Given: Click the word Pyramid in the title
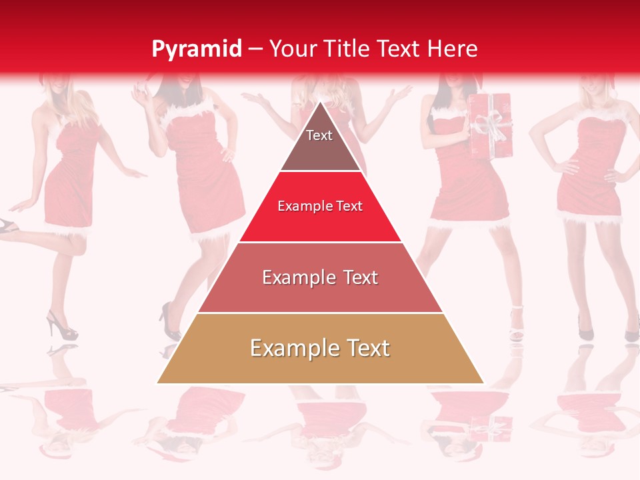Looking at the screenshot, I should click(x=197, y=49).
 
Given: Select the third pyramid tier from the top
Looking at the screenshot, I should click(x=320, y=278).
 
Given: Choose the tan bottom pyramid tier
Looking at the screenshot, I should click(x=320, y=349).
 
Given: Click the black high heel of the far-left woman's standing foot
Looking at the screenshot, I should click(x=61, y=327).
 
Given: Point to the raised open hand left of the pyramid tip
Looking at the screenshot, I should click(x=255, y=100).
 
